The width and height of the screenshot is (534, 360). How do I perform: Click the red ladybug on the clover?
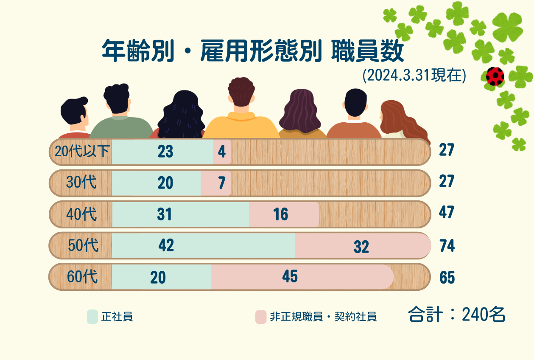click(495, 76)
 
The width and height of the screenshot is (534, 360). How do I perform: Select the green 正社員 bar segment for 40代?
click(180, 214)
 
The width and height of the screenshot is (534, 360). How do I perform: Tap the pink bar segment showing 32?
click(363, 246)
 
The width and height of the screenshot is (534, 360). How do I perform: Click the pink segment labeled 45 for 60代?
click(302, 277)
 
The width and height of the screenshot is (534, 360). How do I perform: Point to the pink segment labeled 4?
click(222, 152)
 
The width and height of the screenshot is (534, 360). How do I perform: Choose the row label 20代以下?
click(82, 151)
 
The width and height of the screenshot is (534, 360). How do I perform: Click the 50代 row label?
click(83, 245)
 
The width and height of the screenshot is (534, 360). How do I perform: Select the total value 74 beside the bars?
click(447, 245)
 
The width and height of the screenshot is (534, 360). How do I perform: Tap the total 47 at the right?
click(447, 212)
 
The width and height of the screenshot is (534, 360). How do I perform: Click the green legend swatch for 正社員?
click(92, 317)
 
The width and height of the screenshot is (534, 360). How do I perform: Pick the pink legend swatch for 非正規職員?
click(260, 317)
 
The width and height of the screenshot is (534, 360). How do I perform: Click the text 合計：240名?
click(456, 315)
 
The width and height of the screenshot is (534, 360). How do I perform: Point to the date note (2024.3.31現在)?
click(414, 75)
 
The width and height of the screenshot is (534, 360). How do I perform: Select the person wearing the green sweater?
click(120, 111)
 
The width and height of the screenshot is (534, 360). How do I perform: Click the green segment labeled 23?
click(162, 152)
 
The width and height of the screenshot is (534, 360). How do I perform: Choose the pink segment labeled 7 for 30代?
click(216, 183)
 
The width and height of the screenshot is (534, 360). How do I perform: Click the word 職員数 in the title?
click(367, 51)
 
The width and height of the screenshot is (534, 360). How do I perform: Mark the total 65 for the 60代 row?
click(447, 278)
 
